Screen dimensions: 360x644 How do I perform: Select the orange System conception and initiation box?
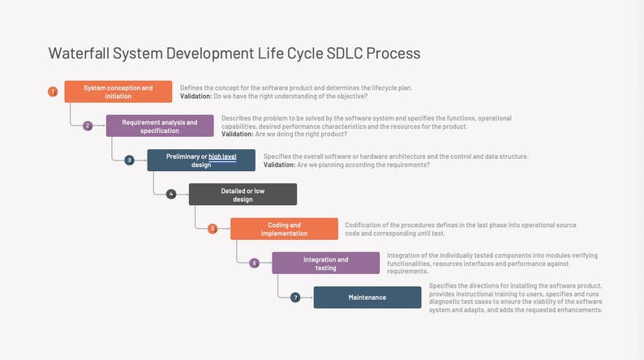click(118, 92)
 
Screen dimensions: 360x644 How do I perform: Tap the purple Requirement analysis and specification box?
click(160, 126)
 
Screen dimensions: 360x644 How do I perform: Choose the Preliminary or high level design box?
click(201, 160)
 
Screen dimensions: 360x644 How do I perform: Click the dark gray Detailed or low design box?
click(243, 195)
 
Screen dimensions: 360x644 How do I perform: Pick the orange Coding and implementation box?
click(284, 229)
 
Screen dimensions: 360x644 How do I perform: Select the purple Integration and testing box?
click(325, 263)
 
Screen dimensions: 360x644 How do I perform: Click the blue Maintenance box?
click(367, 298)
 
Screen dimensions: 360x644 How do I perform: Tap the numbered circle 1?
click(53, 92)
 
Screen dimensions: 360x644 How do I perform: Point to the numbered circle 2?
click(88, 126)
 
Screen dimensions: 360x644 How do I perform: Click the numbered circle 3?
click(129, 160)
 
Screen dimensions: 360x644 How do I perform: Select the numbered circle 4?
click(170, 195)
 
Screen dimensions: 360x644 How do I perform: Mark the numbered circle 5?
click(213, 229)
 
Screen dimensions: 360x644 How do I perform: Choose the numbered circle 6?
click(254, 263)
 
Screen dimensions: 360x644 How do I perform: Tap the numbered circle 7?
click(295, 298)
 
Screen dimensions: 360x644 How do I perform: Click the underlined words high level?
click(222, 156)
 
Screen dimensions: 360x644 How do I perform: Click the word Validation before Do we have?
click(195, 96)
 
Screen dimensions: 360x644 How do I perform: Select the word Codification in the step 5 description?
click(364, 225)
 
